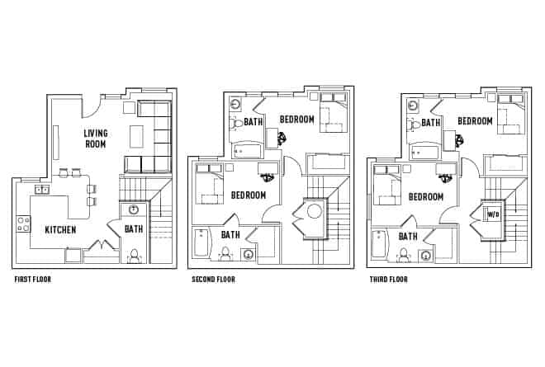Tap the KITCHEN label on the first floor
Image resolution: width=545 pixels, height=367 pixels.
pyautogui.click(x=61, y=230)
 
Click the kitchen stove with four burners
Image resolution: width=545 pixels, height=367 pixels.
pyautogui.click(x=21, y=223)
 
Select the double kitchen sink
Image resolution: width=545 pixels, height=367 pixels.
pyautogui.click(x=40, y=191)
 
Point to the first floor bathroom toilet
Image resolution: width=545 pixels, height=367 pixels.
pyautogui.click(x=134, y=256)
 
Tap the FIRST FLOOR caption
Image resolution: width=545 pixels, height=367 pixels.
pyautogui.click(x=32, y=280)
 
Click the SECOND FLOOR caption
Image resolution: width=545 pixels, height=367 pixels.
pyautogui.click(x=213, y=280)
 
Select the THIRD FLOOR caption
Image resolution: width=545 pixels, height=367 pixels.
pyautogui.click(x=389, y=280)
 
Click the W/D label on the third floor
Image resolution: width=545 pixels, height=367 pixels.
pyautogui.click(x=493, y=214)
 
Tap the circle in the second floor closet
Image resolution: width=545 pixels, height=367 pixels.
pyautogui.click(x=314, y=211)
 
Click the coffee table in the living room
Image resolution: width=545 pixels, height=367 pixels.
pyautogui.click(x=137, y=134)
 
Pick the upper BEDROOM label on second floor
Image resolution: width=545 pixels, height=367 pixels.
pyautogui.click(x=297, y=120)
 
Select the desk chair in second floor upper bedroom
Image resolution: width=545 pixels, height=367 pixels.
pyautogui.click(x=282, y=138)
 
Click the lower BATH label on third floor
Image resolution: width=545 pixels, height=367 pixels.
pyautogui.click(x=408, y=236)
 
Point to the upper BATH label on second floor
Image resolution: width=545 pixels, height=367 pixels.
pyautogui.click(x=253, y=122)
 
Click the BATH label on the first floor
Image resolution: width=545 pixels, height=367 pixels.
pyautogui.click(x=133, y=229)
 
